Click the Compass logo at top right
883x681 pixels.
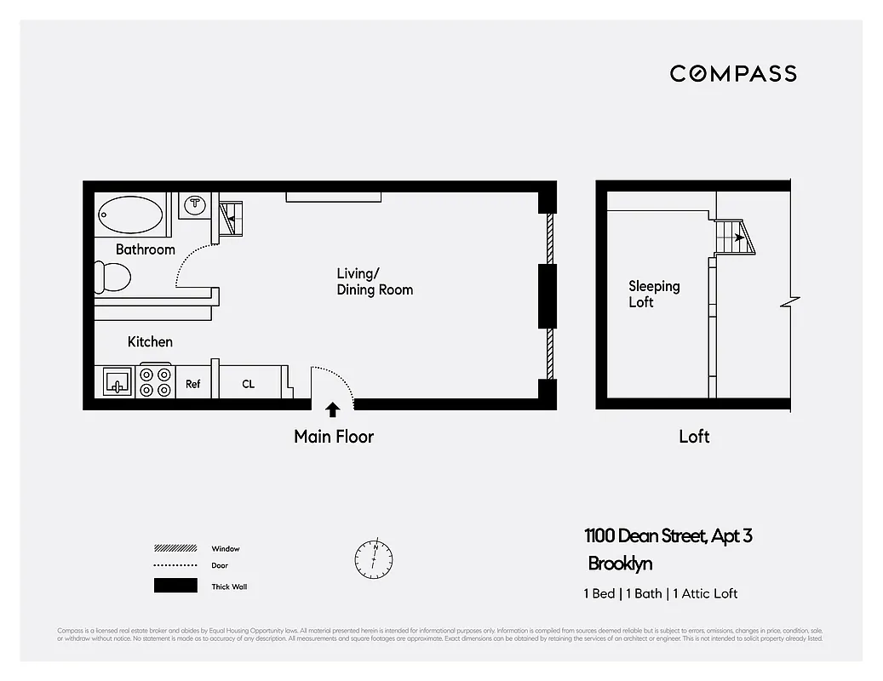point(733,73)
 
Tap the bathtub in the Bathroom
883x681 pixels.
point(131,215)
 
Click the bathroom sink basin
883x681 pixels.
point(197,205)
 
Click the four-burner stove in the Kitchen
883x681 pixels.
point(156,382)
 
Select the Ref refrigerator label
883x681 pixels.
point(193,384)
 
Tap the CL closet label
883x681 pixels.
point(248,384)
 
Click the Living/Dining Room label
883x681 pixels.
point(375,282)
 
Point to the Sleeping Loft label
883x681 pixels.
point(654,294)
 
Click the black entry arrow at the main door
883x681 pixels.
point(333,409)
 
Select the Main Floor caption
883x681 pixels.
point(334,437)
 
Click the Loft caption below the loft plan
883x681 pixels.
point(694,437)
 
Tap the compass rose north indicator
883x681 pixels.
point(374,558)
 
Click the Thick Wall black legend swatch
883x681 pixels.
point(175,586)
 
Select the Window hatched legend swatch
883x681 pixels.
point(175,548)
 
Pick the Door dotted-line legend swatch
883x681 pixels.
point(175,566)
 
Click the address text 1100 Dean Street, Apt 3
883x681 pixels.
point(668,536)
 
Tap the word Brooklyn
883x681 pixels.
point(621,564)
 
